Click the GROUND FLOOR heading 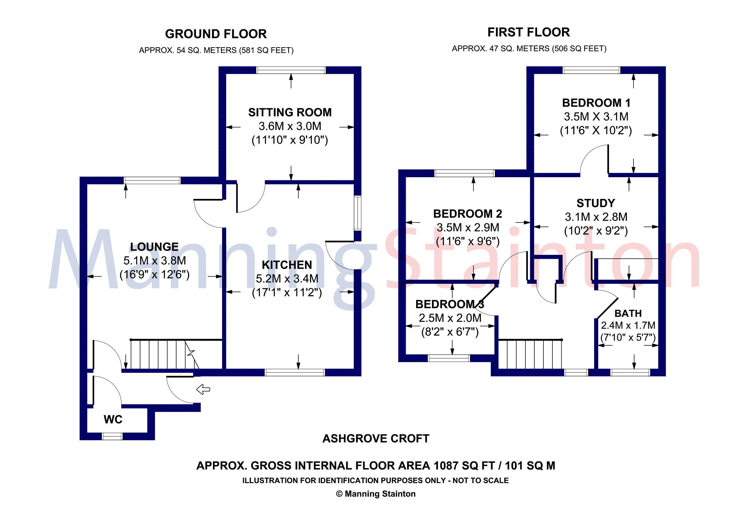click(215, 34)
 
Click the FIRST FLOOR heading click(529, 32)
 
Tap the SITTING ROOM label click(290, 112)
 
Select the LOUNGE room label click(154, 247)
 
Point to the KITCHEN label click(287, 265)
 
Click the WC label click(113, 419)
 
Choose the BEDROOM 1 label click(596, 103)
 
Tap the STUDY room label click(596, 203)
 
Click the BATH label click(628, 313)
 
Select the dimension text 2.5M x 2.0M click(450, 318)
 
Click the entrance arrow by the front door click(203, 389)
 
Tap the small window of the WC click(112, 436)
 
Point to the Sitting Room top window click(291, 70)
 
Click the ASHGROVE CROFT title click(375, 438)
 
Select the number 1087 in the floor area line click(446, 465)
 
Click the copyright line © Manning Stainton click(375, 494)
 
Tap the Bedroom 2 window click(464, 173)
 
